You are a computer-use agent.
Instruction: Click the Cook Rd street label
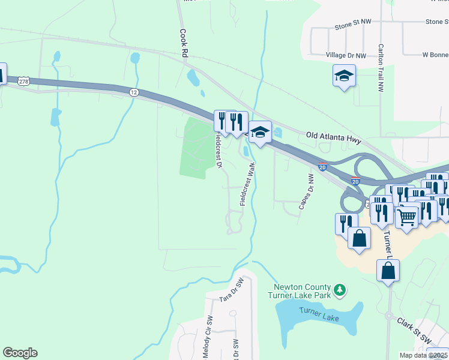tap(184, 44)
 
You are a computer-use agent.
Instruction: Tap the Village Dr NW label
tap(345, 55)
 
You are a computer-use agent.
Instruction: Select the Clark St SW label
tap(414, 331)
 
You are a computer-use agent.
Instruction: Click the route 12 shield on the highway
tap(133, 92)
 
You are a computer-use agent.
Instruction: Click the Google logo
tap(20, 353)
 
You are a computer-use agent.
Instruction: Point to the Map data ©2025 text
tap(423, 355)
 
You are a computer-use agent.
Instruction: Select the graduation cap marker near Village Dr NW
tap(344, 76)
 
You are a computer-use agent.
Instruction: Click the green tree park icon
tap(340, 290)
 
